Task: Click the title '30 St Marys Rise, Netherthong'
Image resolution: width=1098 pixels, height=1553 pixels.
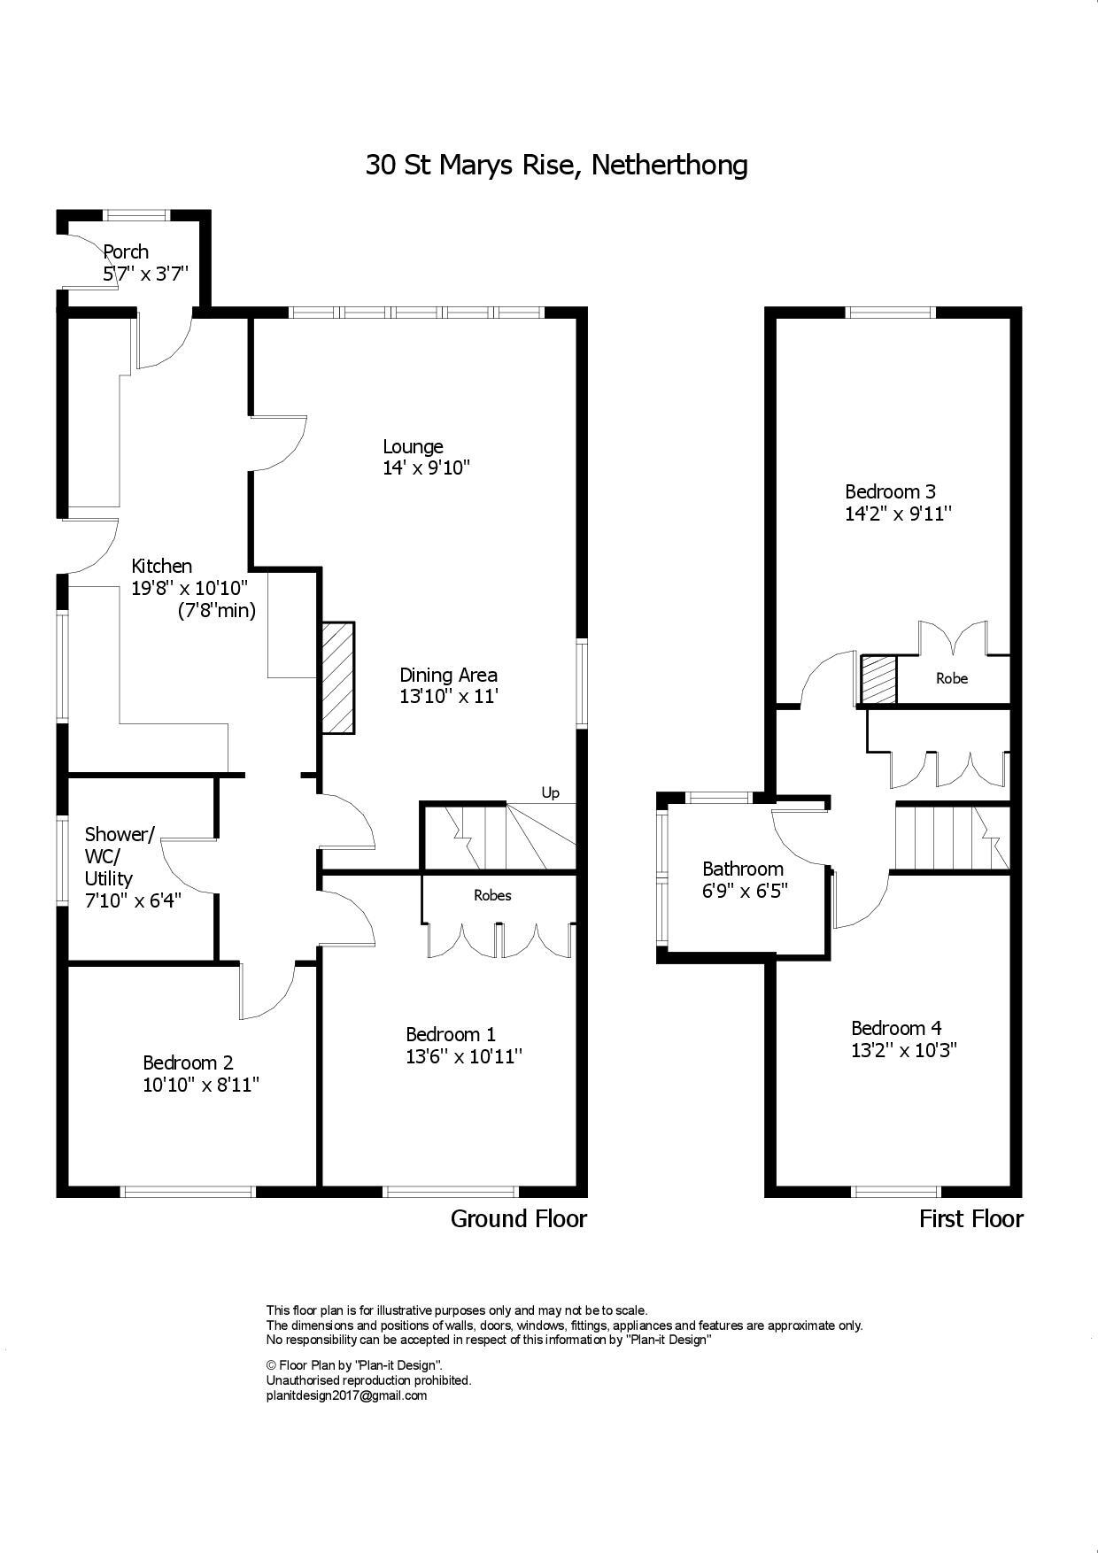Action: [x=556, y=166]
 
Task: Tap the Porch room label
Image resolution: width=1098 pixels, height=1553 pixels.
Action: [x=126, y=251]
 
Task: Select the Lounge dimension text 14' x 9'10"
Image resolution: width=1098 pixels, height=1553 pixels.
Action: [x=426, y=468]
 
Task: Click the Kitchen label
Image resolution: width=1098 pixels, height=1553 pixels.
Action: [x=161, y=566]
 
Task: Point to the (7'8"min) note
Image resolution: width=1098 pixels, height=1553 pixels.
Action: [x=216, y=610]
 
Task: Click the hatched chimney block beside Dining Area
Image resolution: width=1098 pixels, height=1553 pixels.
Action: [x=337, y=677]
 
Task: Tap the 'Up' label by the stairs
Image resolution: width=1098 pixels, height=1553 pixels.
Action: [x=550, y=792]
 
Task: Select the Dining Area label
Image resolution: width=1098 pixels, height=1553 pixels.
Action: [x=448, y=675]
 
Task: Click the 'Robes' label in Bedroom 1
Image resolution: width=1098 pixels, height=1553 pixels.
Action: [x=492, y=895]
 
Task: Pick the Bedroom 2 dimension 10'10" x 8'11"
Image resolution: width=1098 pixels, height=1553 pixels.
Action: [x=201, y=1085]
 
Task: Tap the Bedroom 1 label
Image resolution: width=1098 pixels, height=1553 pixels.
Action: [x=450, y=1034]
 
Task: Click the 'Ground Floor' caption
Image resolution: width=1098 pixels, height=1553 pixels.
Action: [x=519, y=1219]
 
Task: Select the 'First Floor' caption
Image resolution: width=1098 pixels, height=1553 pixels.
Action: [x=970, y=1219]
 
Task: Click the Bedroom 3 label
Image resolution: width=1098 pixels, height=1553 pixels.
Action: [x=890, y=491]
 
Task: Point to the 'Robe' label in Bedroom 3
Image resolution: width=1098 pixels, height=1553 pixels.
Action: [x=952, y=678]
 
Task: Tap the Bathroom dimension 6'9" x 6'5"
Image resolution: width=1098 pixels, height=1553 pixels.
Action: [x=745, y=891]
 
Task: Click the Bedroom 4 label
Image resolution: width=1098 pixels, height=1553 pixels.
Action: [x=896, y=1028]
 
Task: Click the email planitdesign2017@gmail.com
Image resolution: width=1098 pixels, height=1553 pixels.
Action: [x=346, y=1395]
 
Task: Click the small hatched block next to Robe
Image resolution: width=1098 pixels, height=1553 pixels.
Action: [x=878, y=680]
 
